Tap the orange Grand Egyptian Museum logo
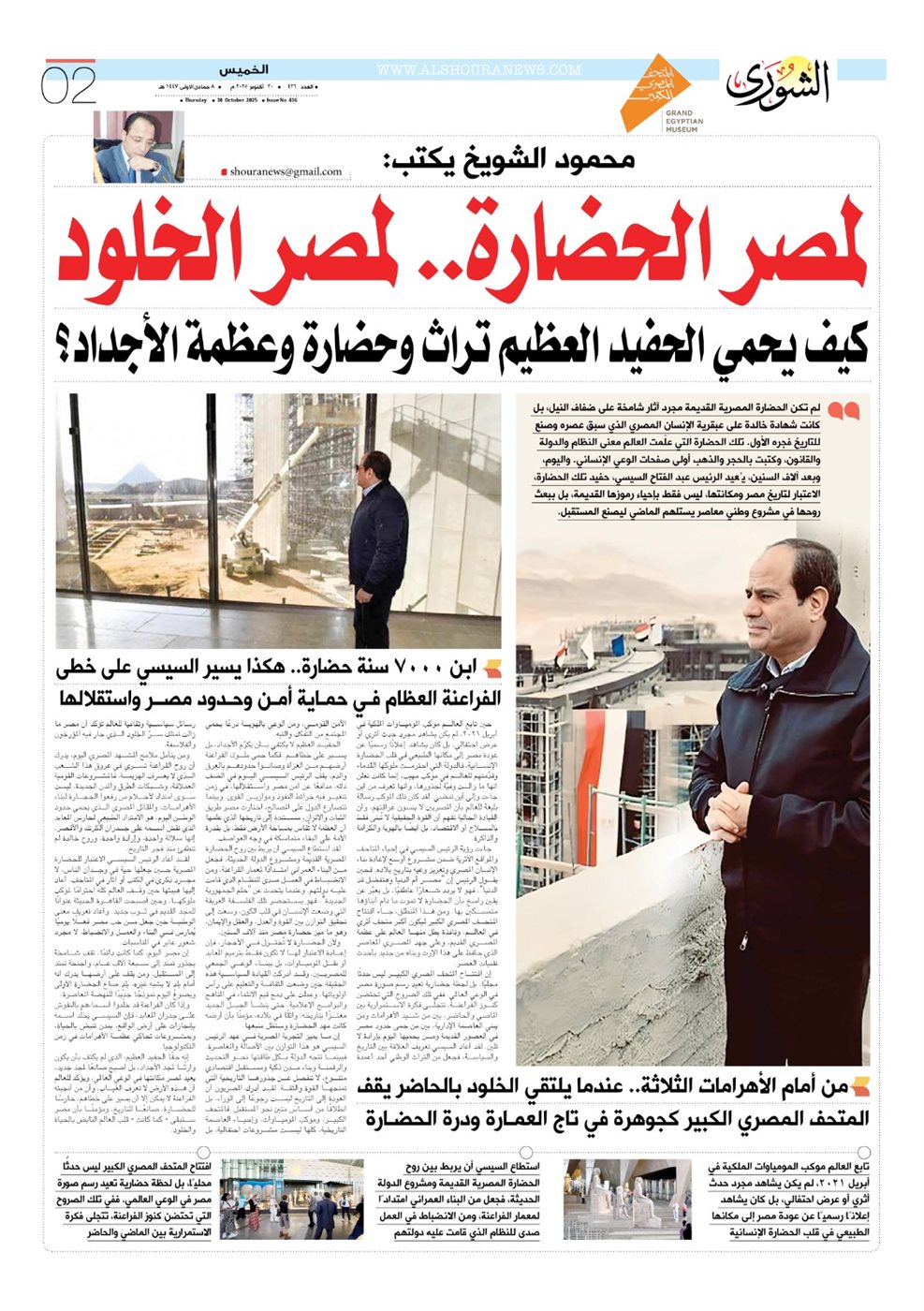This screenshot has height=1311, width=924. click(656, 91)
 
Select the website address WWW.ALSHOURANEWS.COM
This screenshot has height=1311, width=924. click(478, 70)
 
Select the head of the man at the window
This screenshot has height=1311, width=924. click(376, 464)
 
